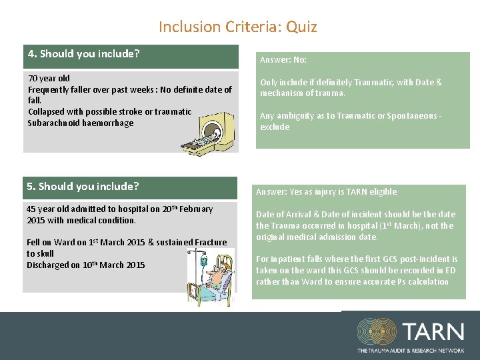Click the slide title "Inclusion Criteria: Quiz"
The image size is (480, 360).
tap(237, 27)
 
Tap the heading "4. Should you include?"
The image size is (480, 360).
tap(83, 54)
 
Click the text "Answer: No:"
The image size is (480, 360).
tap(283, 60)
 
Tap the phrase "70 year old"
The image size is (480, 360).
tap(49, 79)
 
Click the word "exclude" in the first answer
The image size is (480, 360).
tap(275, 127)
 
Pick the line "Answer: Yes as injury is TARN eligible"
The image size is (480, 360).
tap(326, 192)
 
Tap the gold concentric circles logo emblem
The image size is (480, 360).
tap(377, 331)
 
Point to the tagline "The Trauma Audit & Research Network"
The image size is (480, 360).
tap(409, 350)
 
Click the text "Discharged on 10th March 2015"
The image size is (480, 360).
tap(85, 265)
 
